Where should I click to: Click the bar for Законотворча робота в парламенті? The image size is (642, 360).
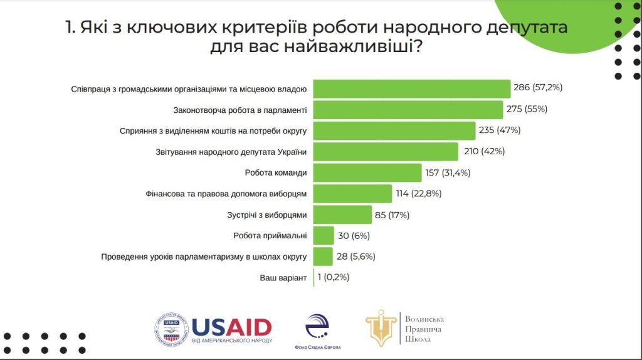pyautogui.click(x=408, y=110)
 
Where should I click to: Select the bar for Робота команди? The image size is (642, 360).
pyautogui.click(x=367, y=172)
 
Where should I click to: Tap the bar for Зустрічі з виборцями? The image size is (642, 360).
pyautogui.click(x=342, y=214)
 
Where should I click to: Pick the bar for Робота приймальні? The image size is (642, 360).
pyautogui.click(x=324, y=236)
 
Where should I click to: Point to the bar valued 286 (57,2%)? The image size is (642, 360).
pyautogui.click(x=411, y=88)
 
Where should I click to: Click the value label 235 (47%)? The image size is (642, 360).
pyautogui.click(x=500, y=130)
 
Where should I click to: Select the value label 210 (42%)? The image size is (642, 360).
pyautogui.click(x=483, y=151)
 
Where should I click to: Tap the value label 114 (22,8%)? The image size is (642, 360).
pyautogui.click(x=419, y=194)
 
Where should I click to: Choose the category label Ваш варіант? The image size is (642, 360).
pyautogui.click(x=283, y=278)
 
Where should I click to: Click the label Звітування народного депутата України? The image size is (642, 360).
pyautogui.click(x=231, y=152)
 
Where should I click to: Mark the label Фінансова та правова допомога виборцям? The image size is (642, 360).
pyautogui.click(x=225, y=194)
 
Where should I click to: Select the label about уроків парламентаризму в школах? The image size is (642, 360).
pyautogui.click(x=204, y=257)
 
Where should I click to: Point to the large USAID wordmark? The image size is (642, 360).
pyautogui.click(x=232, y=327)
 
